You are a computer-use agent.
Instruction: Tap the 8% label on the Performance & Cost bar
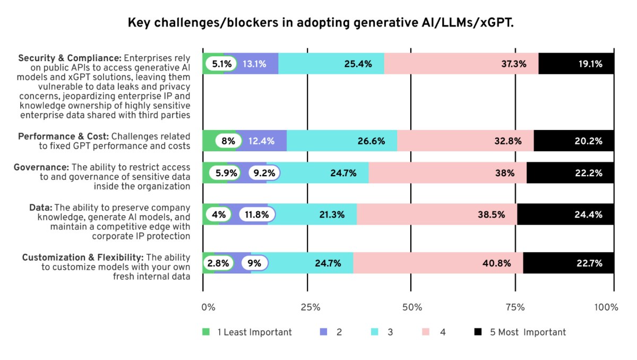click(228, 141)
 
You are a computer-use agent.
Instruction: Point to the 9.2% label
click(264, 173)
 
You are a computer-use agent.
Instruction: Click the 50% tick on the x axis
click(412, 307)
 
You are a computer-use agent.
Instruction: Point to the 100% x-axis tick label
click(606, 307)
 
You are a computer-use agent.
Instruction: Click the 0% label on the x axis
click(208, 307)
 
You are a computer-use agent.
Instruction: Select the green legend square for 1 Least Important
click(206, 332)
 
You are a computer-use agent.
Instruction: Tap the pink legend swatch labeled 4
click(426, 332)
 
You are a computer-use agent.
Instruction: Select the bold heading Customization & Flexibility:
click(82, 258)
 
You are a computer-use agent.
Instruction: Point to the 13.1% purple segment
click(254, 64)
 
